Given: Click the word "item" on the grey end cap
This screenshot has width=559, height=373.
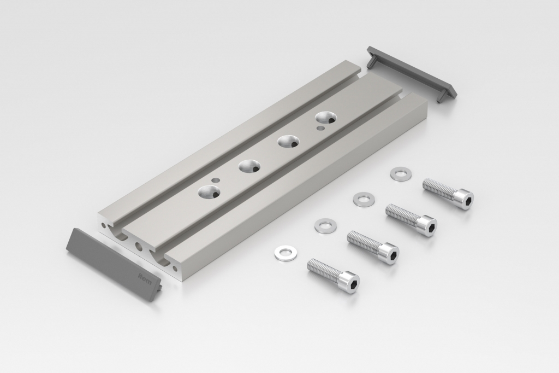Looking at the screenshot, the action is point(145,278).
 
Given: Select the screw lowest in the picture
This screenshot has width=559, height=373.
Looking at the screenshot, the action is point(334,275).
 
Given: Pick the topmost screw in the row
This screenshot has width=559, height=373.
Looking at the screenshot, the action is point(449,194).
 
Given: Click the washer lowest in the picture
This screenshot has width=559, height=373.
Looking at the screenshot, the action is point(283,253).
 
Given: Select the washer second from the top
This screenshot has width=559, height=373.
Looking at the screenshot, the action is point(363,199).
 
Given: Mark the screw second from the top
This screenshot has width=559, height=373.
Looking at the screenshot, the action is point(412,219).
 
